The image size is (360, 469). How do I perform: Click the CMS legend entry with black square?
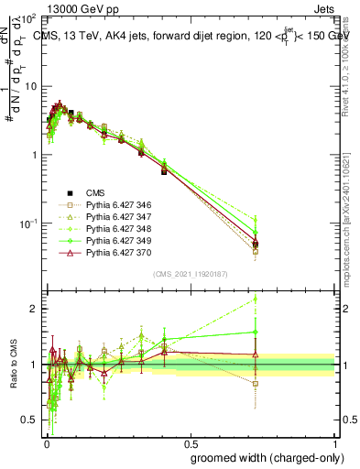point(95,191)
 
